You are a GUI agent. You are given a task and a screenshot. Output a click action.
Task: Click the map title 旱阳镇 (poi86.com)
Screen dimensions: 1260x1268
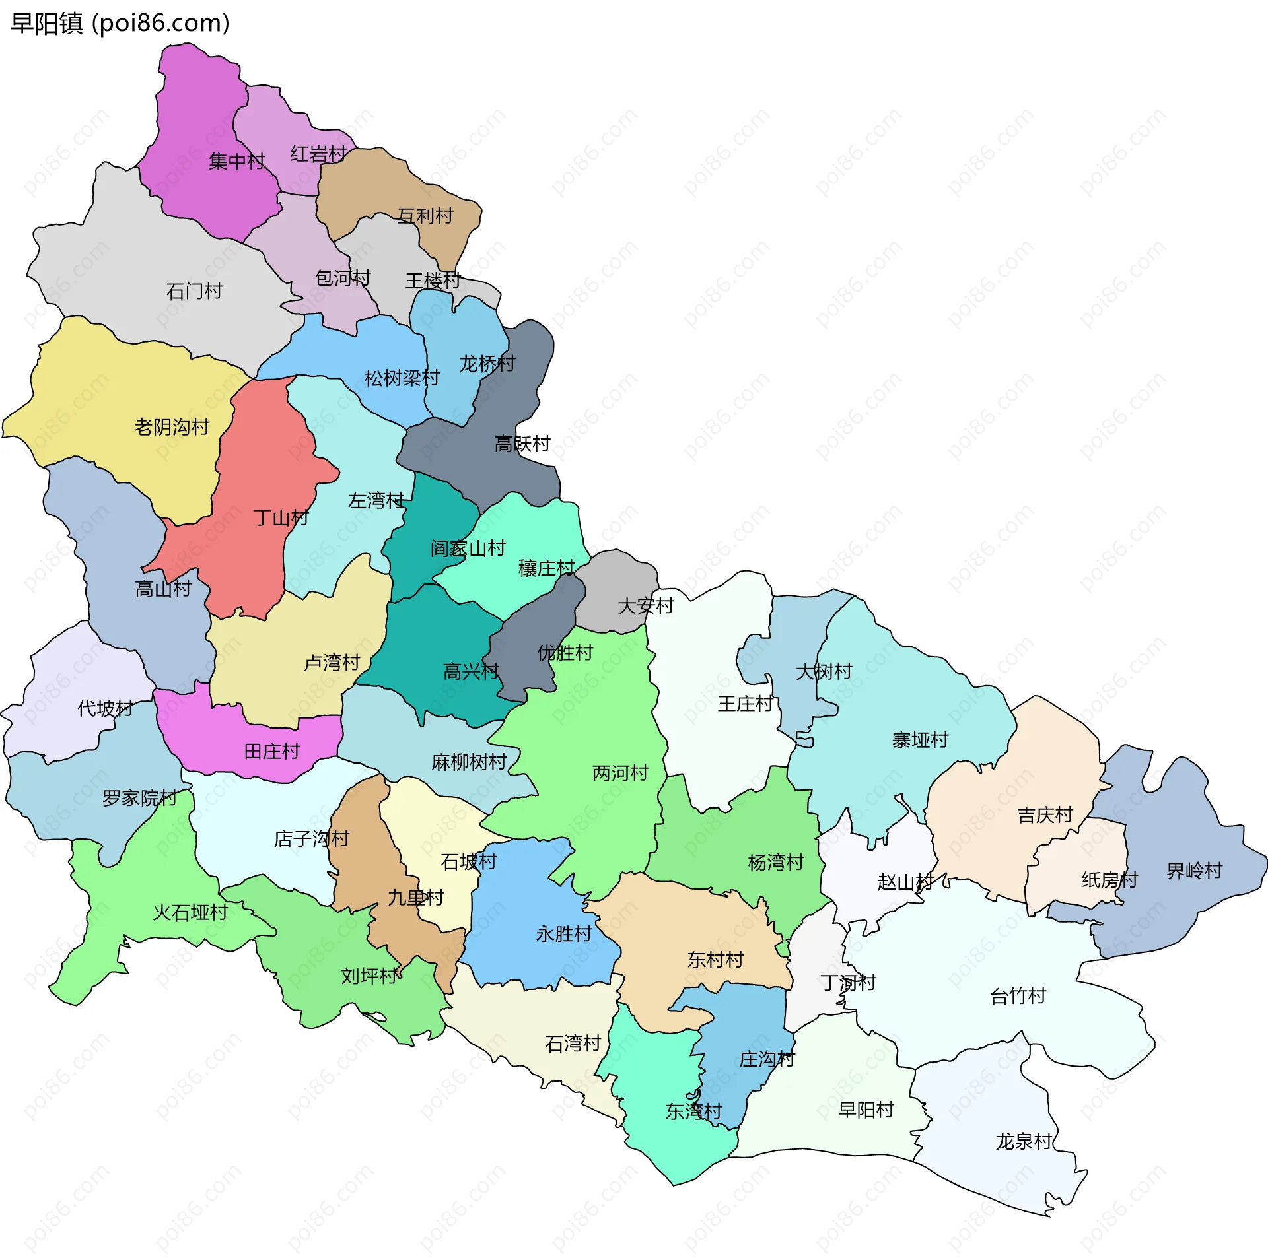[x=120, y=24]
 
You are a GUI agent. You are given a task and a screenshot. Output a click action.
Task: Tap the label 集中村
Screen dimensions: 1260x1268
[x=236, y=161]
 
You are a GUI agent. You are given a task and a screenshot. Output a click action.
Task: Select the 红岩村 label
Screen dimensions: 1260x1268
[x=318, y=154]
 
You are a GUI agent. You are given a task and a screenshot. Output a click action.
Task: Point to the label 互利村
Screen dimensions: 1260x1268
[x=425, y=216]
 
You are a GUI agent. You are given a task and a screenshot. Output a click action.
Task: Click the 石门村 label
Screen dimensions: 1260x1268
[x=194, y=291]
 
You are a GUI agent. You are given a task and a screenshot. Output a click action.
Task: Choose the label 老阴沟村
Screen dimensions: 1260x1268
[x=172, y=427]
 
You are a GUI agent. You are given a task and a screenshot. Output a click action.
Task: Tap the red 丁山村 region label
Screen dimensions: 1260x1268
[x=281, y=517]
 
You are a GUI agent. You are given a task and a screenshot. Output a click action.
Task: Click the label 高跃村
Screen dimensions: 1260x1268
[x=522, y=444]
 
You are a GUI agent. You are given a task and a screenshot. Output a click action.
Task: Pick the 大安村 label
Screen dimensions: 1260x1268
[x=645, y=605]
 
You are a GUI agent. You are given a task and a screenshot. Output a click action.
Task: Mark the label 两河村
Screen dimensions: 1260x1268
[x=620, y=772]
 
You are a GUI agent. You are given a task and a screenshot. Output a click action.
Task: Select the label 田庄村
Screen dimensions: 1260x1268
[x=271, y=751]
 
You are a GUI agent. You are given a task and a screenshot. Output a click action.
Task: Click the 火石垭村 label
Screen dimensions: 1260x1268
[x=190, y=912]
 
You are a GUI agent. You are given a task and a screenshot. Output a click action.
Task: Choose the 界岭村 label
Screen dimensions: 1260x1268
[x=1194, y=871]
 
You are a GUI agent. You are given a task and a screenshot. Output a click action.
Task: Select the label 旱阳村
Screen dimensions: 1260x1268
[x=865, y=1110]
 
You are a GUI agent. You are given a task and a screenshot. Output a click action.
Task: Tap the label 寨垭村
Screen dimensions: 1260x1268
[x=920, y=740]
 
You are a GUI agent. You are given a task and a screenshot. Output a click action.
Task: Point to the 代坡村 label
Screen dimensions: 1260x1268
[x=106, y=708]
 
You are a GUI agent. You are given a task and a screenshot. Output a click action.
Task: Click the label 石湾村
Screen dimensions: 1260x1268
[x=573, y=1043]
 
